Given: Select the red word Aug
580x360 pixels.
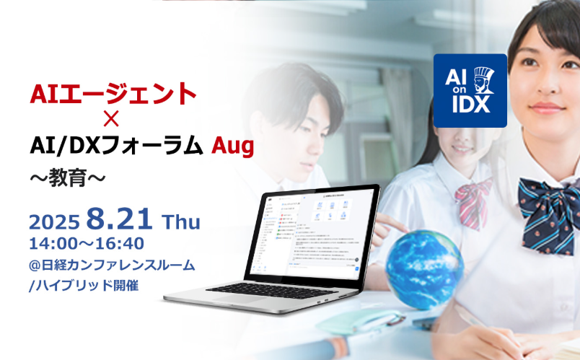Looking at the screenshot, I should coord(232,146).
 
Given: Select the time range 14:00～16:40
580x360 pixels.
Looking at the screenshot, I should coord(86,243).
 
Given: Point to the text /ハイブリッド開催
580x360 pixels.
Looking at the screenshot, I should coord(83,286).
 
